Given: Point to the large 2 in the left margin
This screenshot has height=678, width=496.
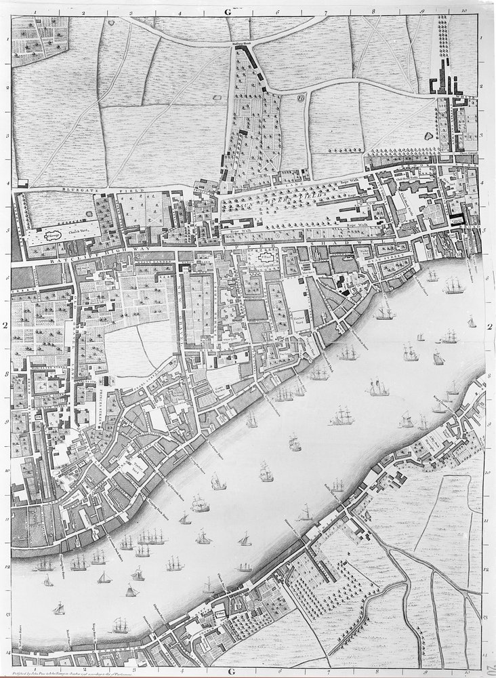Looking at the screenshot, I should (5, 325).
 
